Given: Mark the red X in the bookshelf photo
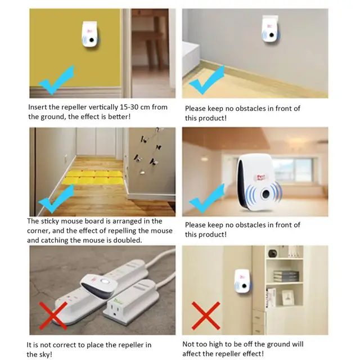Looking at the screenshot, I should [x=206, y=315].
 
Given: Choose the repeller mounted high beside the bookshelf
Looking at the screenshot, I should [x=242, y=281].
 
